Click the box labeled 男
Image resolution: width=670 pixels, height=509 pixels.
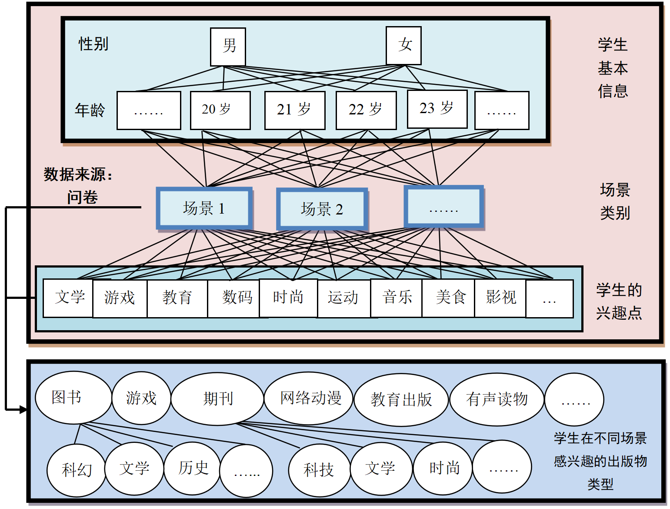tap(228, 47)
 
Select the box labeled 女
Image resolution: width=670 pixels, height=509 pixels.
tap(404, 46)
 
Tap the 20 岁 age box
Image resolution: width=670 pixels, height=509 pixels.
tap(220, 110)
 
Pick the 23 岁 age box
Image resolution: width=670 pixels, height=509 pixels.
tap(437, 109)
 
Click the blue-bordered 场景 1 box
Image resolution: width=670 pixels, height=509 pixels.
tap(204, 208)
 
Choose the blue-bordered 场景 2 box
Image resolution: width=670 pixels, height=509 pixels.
tap(322, 209)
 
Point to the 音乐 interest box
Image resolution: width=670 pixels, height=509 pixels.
tap(396, 298)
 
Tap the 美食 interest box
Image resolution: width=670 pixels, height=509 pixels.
tap(448, 298)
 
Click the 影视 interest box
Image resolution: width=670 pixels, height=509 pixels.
tap(500, 298)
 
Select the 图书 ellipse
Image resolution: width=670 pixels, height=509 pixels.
tap(73, 398)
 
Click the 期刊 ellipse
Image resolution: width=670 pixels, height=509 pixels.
tap(217, 398)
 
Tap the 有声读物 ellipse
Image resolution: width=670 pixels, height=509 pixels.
tap(497, 399)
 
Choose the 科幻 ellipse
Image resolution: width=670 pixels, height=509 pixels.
tap(76, 470)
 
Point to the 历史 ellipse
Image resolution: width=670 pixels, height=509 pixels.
tap(193, 468)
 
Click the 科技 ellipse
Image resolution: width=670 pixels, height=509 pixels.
tap(319, 470)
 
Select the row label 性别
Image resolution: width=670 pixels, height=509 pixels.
tap(93, 44)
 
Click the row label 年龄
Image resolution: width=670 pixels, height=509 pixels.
tap(90, 110)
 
